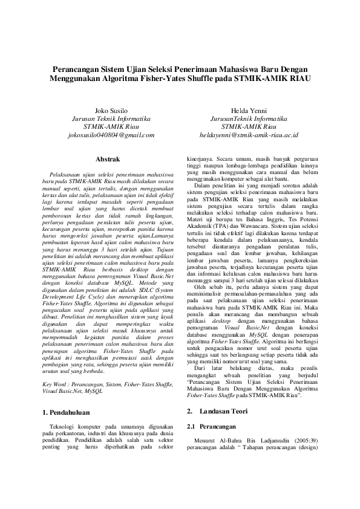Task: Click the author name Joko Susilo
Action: point(111,111)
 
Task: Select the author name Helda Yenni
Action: point(249,111)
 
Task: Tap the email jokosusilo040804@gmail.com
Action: point(111,135)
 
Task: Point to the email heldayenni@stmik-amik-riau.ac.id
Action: point(249,135)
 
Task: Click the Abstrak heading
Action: point(111,158)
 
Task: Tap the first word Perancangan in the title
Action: point(78,69)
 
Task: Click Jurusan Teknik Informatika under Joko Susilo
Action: point(111,119)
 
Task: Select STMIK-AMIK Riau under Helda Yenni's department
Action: point(249,127)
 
